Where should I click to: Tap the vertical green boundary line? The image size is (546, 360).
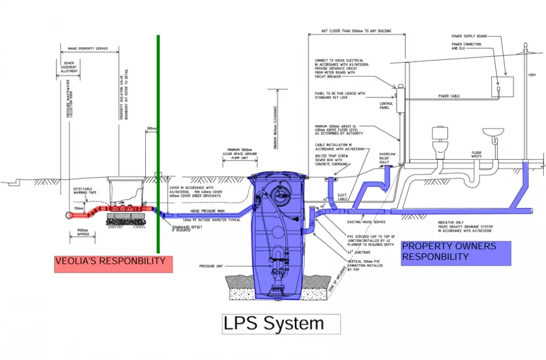pyautogui.click(x=158, y=147)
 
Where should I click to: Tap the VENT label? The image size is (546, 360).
pyautogui.click(x=532, y=75)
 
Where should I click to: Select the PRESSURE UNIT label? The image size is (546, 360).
pyautogui.click(x=211, y=266)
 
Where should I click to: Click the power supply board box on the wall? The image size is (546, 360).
pyautogui.click(x=503, y=86)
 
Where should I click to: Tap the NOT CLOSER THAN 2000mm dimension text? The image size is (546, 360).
pyautogui.click(x=356, y=31)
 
